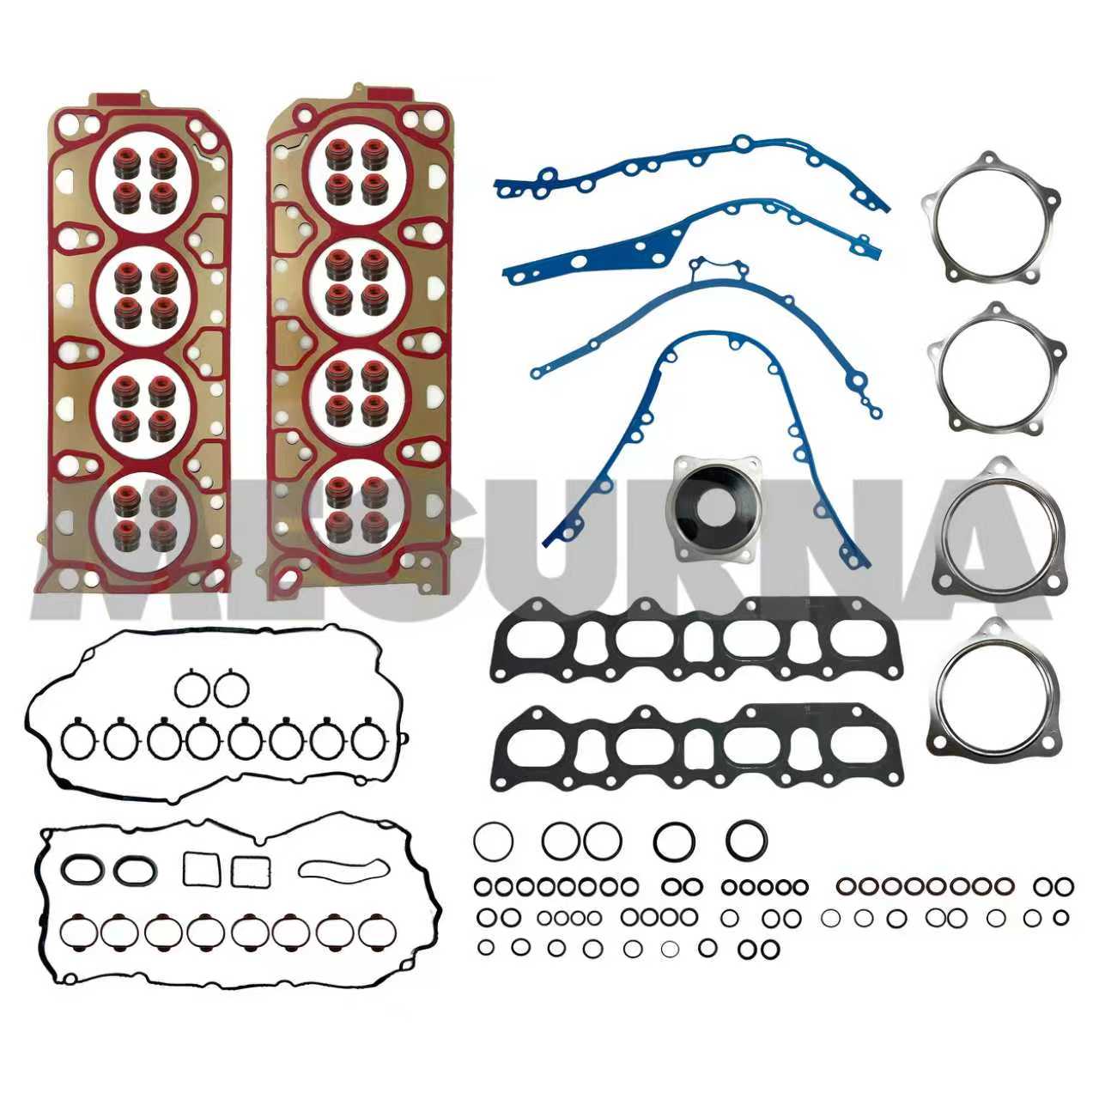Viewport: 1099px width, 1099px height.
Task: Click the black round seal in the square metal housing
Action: click(x=704, y=507)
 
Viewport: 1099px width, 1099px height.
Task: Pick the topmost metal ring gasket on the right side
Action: click(x=991, y=218)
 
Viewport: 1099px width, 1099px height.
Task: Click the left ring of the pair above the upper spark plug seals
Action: click(x=190, y=687)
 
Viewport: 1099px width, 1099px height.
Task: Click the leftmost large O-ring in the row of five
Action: click(x=493, y=841)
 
